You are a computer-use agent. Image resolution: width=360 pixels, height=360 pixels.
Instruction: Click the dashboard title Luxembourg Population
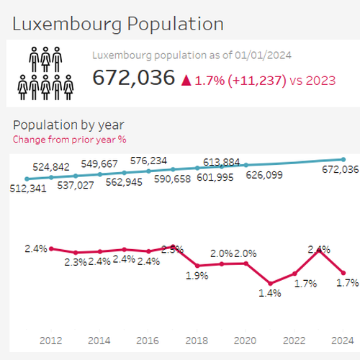(118, 23)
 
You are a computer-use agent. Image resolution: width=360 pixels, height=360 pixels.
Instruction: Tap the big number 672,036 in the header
(133, 78)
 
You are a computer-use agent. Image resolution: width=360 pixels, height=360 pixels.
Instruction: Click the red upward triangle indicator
(186, 79)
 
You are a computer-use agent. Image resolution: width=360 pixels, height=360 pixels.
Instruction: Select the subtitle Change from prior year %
(69, 139)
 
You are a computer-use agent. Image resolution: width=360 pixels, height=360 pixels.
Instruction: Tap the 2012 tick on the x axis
(51, 340)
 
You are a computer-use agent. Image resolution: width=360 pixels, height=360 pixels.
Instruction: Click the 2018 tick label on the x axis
(197, 340)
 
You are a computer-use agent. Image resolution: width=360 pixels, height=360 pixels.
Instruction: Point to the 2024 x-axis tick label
(343, 340)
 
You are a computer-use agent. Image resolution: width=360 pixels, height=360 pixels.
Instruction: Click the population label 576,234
(148, 161)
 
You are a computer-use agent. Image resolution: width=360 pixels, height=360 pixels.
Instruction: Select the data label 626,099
(266, 174)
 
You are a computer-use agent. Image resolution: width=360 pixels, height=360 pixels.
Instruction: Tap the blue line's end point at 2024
(343, 159)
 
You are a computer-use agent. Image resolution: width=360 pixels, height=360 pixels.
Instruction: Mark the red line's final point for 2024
(343, 272)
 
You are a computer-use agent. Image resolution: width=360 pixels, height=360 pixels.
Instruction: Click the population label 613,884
(222, 162)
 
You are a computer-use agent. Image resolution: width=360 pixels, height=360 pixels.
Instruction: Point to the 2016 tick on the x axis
(148, 340)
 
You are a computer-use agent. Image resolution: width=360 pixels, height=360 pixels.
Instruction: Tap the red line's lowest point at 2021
(270, 283)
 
